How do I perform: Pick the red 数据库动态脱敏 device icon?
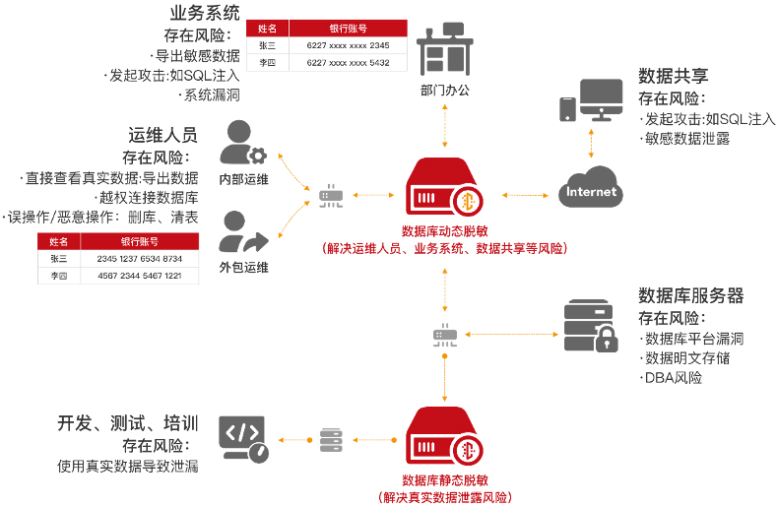444,189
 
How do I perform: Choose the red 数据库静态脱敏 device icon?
444,439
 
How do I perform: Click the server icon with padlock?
590,324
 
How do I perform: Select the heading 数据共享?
673,77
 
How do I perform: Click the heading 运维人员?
162,135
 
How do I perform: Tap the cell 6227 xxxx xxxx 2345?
348,45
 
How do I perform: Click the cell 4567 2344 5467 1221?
139,276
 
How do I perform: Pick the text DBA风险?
673,377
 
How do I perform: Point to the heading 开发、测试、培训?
128,423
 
